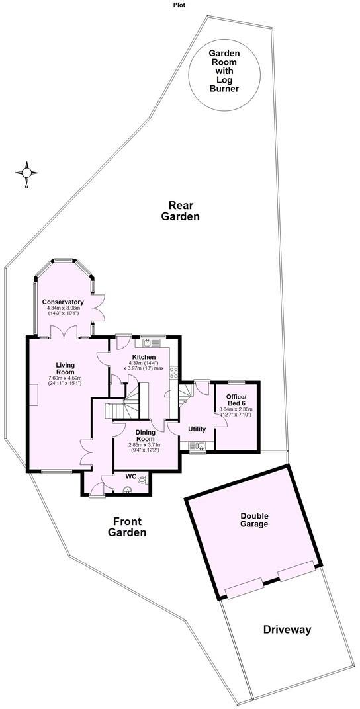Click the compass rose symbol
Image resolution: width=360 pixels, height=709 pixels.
pyautogui.click(x=27, y=173)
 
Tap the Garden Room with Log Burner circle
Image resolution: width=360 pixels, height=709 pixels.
pyautogui.click(x=223, y=69)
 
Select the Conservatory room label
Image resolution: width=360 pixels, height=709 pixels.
pyautogui.click(x=64, y=302)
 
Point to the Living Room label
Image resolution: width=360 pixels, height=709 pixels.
pyautogui.click(x=64, y=369)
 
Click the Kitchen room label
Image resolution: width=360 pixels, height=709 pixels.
pyautogui.click(x=144, y=357)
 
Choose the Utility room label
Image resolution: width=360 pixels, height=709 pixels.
pyautogui.click(x=197, y=429)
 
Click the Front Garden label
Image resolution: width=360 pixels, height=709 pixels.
pyautogui.click(x=128, y=526)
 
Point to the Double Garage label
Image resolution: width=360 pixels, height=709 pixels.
pyautogui.click(x=254, y=520)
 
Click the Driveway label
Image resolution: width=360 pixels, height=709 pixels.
pyautogui.click(x=286, y=629)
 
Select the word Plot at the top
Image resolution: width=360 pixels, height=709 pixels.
pyautogui.click(x=179, y=5)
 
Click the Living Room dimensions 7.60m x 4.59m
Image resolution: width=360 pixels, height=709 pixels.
pyautogui.click(x=64, y=380)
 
